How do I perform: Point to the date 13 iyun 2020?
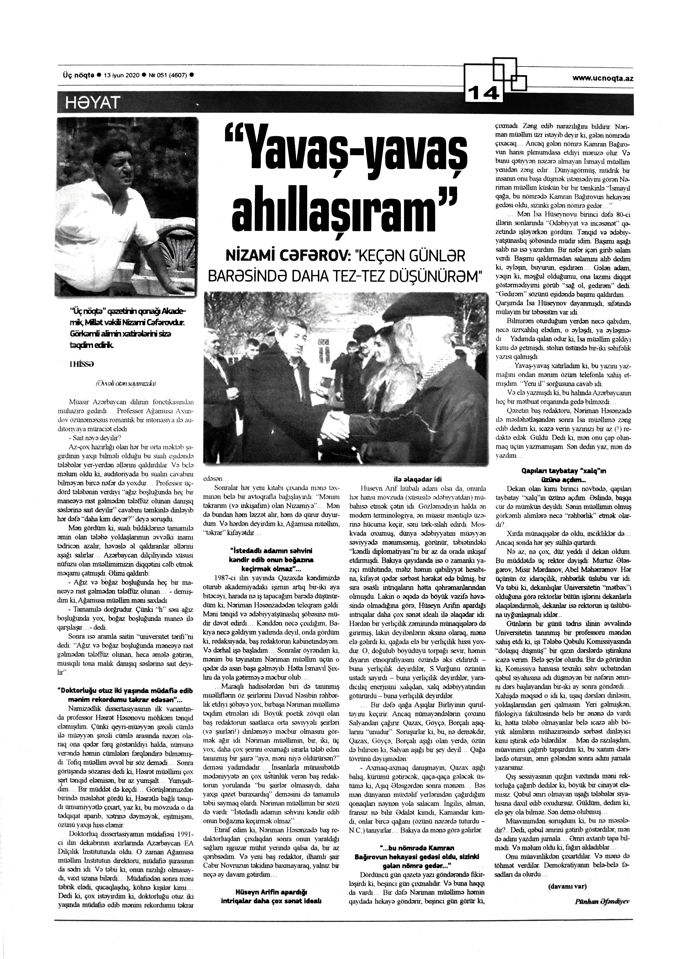120,75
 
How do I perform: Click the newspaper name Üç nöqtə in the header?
76,75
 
